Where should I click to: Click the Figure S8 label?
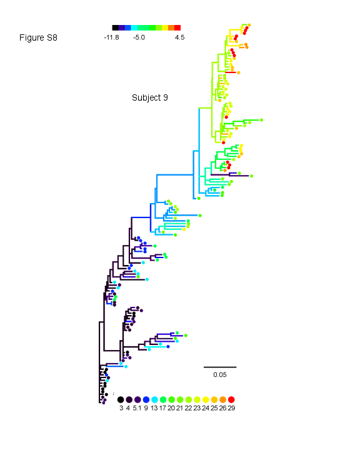click(38, 37)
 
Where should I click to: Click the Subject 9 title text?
click(149, 97)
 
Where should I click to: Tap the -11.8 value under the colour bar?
click(111, 37)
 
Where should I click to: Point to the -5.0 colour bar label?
click(139, 37)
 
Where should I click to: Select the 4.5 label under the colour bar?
click(180, 37)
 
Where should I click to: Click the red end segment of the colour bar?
click(177, 27)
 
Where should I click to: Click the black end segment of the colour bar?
click(116, 27)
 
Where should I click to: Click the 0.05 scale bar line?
click(220, 367)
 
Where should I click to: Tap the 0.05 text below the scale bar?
click(220, 374)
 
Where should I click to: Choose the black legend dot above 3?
click(121, 399)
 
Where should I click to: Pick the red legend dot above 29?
click(231, 399)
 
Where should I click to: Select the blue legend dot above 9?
click(146, 399)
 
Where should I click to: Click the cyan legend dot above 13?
click(154, 399)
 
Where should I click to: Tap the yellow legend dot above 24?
click(206, 399)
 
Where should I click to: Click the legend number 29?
click(231, 408)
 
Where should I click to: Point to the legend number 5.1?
click(137, 408)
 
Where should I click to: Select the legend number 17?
click(162, 408)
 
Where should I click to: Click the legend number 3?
click(121, 408)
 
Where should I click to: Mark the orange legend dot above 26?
click(222, 399)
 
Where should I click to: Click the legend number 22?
click(188, 408)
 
